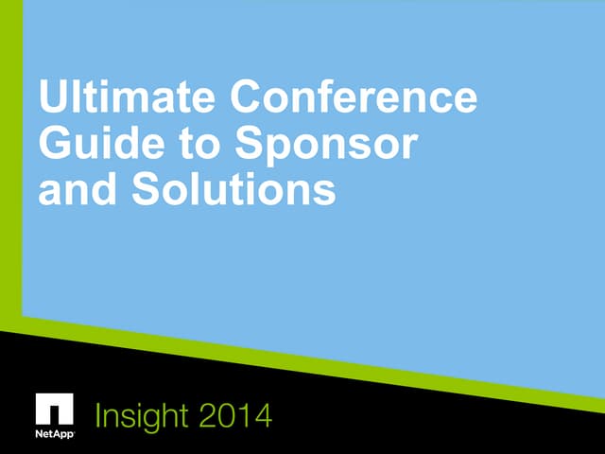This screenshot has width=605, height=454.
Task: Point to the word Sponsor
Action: pyautogui.click(x=326, y=145)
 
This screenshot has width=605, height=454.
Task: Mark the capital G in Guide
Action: pyautogui.click(x=55, y=145)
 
